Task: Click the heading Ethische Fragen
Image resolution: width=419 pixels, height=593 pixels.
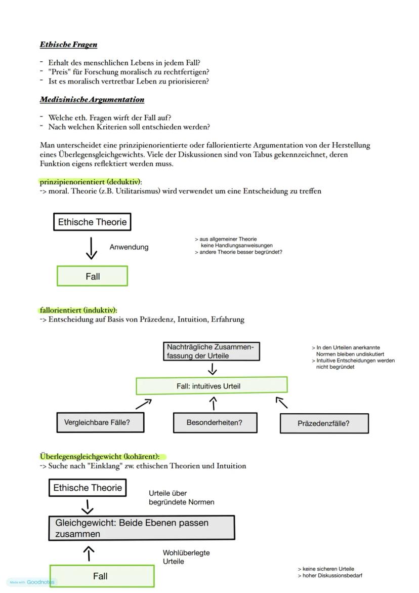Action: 68,45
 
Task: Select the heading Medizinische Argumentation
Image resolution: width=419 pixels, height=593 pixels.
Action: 92,100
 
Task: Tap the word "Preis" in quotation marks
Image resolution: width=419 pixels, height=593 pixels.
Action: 60,72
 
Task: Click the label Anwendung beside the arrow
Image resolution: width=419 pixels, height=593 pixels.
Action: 129,247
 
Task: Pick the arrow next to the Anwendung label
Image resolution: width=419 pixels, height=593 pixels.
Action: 91,248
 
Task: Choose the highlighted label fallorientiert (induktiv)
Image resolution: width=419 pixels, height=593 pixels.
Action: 78,310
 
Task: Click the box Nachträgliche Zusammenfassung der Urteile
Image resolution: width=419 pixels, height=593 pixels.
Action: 212,351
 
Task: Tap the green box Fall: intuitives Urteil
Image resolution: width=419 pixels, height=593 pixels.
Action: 212,386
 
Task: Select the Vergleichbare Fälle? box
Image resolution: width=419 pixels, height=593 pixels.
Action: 100,422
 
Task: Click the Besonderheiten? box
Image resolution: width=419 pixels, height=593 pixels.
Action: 215,422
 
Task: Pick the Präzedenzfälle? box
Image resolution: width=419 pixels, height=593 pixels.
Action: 324,423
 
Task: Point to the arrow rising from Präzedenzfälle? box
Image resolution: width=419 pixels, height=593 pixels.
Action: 282,403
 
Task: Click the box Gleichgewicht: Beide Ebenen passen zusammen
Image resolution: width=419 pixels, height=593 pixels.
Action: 142,528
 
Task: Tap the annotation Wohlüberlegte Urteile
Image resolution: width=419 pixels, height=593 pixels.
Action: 186,557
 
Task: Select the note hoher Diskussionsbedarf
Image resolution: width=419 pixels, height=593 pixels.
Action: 332,576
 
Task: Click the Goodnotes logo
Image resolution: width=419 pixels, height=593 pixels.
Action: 40,582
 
